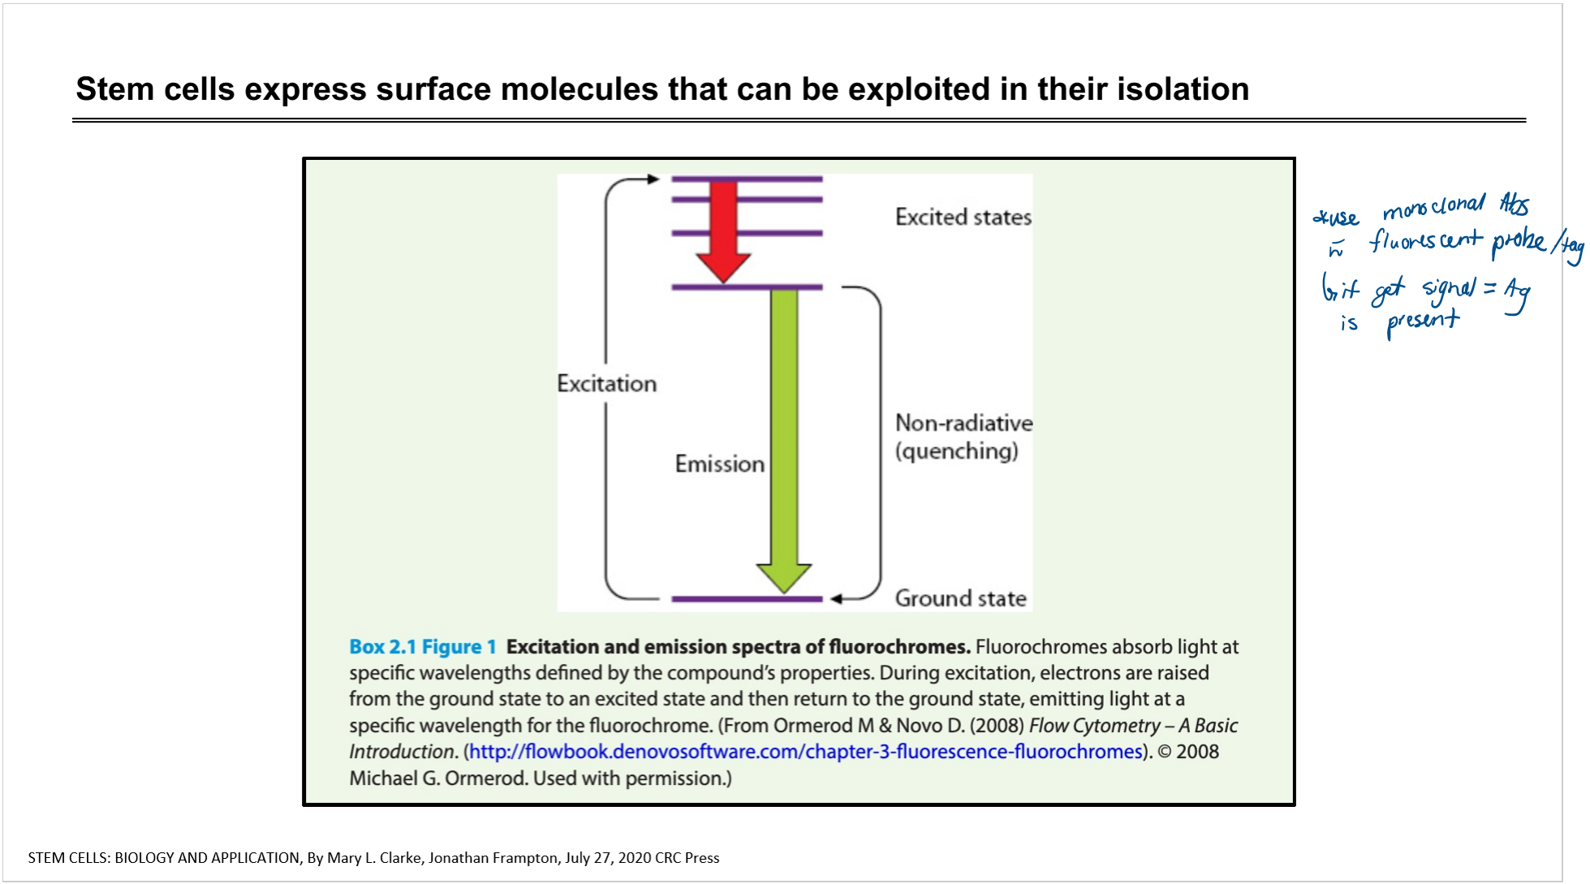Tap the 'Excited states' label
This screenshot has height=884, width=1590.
(963, 217)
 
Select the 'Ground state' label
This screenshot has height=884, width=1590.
(961, 598)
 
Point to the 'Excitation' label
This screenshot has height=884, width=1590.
(606, 383)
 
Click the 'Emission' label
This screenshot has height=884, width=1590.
(720, 464)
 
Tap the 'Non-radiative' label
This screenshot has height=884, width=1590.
(964, 423)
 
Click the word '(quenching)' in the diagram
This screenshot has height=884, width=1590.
(957, 451)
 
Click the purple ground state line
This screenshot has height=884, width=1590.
(747, 599)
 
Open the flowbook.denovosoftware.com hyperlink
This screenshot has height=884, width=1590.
(806, 752)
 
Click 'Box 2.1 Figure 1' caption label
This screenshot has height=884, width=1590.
(422, 647)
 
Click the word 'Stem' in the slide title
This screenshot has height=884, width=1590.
(114, 89)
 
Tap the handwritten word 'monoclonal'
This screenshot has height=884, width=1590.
(1434, 206)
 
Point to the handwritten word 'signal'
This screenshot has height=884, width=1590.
(1449, 290)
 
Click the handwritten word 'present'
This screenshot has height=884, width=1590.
(1423, 322)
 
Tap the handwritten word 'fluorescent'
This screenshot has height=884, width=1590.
(1426, 241)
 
